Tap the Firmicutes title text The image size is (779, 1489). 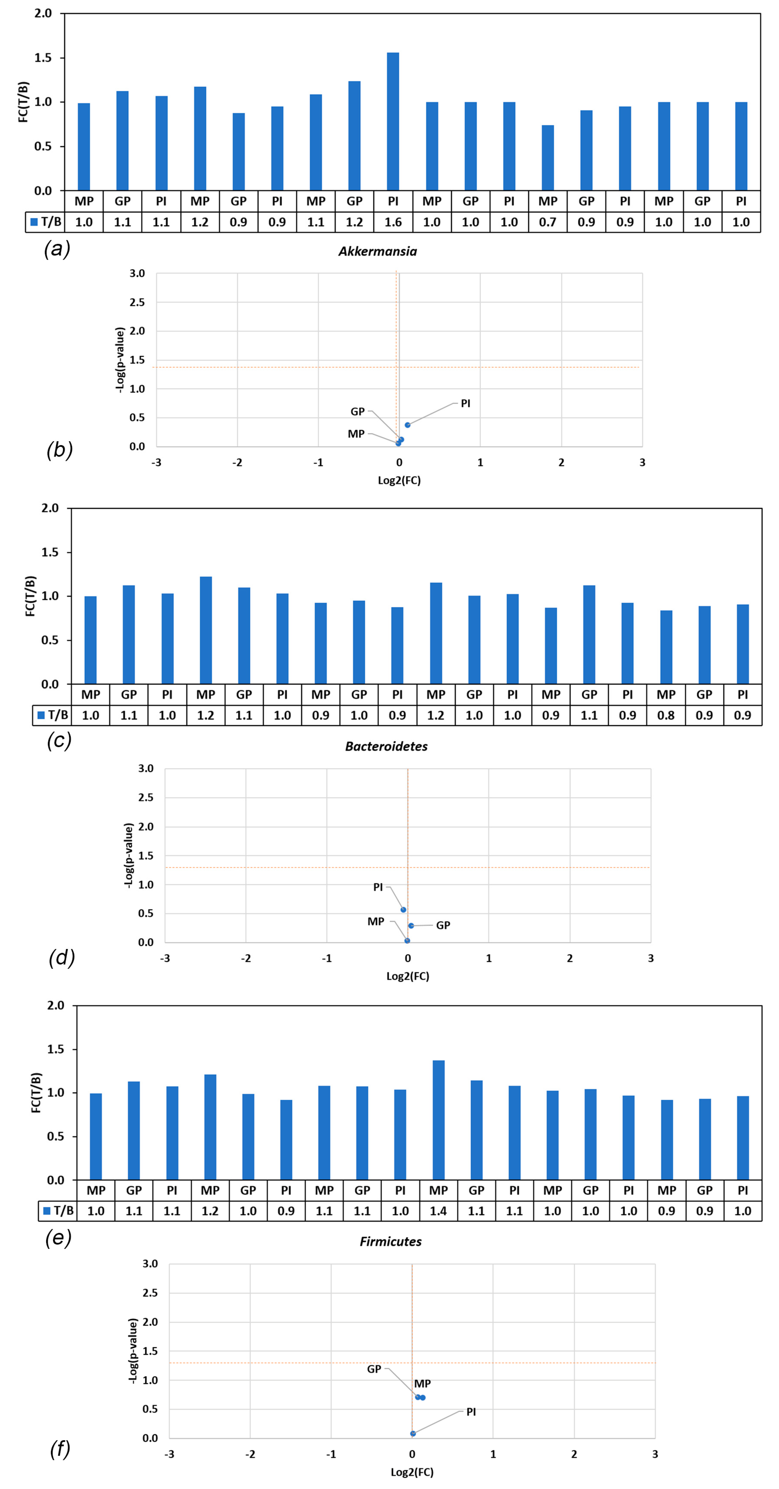pyautogui.click(x=390, y=1241)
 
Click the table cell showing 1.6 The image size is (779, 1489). pyautogui.click(x=393, y=222)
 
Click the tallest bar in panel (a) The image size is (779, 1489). pyautogui.click(x=393, y=121)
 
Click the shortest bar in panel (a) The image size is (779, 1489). pyautogui.click(x=548, y=158)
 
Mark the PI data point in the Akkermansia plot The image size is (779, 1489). pyautogui.click(x=407, y=425)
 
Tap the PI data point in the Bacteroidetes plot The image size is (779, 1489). pyautogui.click(x=403, y=910)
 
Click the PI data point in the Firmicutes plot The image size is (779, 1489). pyautogui.click(x=413, y=1434)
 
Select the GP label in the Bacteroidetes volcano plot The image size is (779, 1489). pyautogui.click(x=443, y=926)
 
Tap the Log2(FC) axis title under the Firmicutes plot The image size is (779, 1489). pyautogui.click(x=412, y=1472)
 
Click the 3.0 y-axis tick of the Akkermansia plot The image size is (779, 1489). pyautogui.click(x=137, y=273)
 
